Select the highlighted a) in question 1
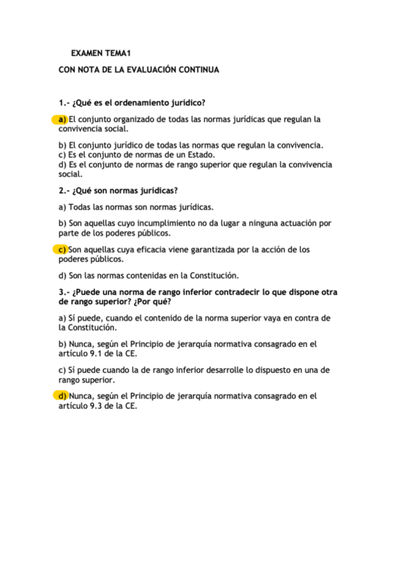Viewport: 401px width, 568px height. tap(62, 119)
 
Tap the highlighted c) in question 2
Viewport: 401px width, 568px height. tap(62, 249)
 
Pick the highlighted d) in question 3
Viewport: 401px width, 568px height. tap(62, 396)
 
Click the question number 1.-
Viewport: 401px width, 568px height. tap(64, 102)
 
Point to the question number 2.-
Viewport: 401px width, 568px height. tap(64, 190)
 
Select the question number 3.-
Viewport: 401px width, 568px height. tap(64, 292)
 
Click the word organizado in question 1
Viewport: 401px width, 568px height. tap(131, 119)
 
